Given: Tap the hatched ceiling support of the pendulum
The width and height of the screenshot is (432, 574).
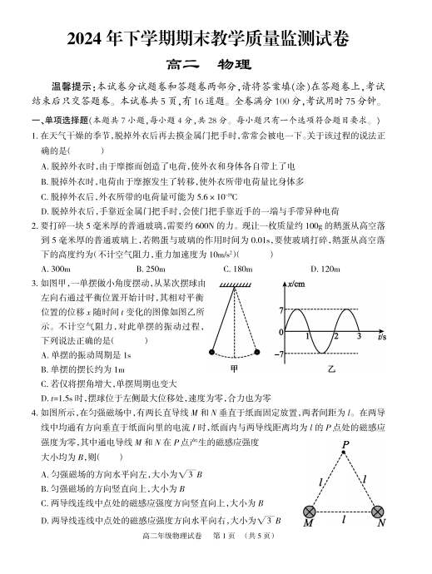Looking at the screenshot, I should pos(240,285).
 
